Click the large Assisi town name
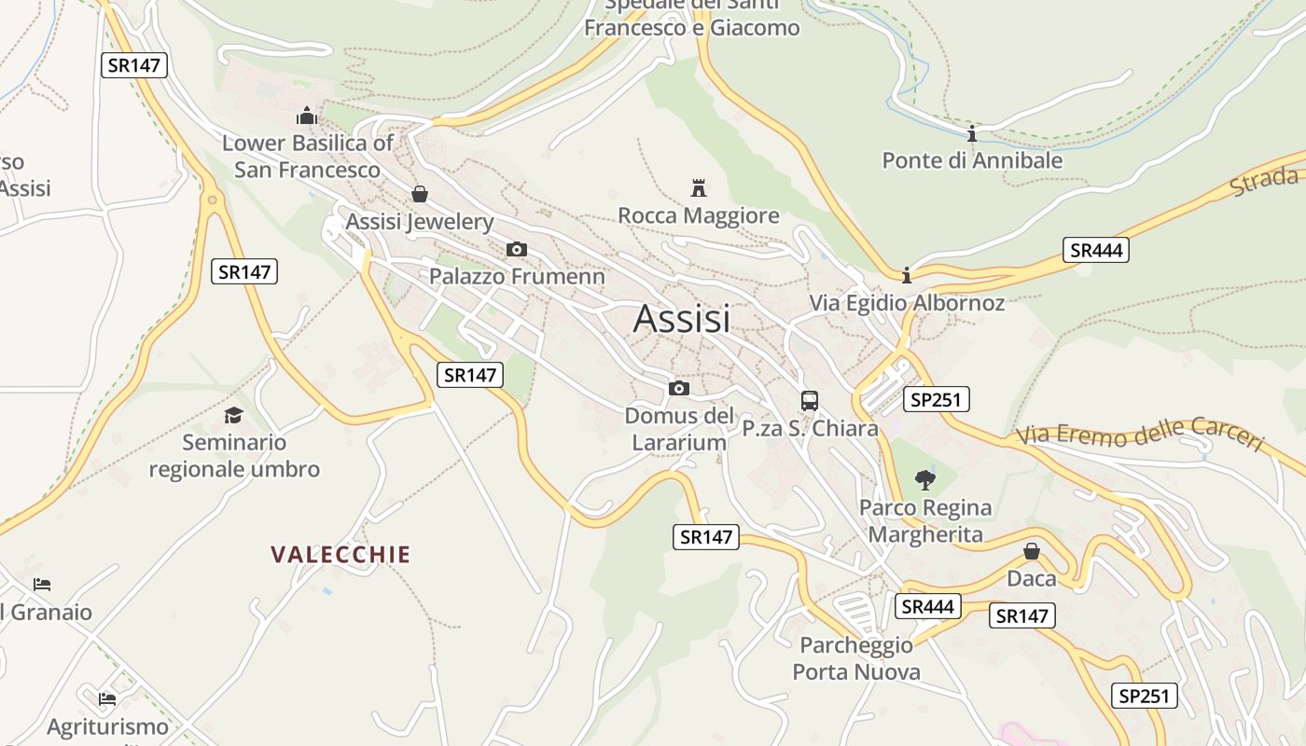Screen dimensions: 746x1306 pyautogui.click(x=682, y=319)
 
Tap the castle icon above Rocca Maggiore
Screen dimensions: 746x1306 pyautogui.click(x=698, y=188)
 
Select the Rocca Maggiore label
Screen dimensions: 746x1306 pyautogui.click(x=699, y=216)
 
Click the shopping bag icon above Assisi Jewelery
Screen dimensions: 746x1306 pyautogui.click(x=420, y=194)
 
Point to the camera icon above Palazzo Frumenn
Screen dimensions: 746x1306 pyautogui.click(x=516, y=249)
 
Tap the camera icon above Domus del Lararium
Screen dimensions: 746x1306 pyautogui.click(x=679, y=388)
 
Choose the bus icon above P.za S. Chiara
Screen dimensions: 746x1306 pyautogui.click(x=810, y=401)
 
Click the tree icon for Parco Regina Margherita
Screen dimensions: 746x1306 pyautogui.click(x=925, y=480)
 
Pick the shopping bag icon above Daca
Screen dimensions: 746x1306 pyautogui.click(x=1032, y=551)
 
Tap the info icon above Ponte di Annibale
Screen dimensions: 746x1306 pyautogui.click(x=972, y=133)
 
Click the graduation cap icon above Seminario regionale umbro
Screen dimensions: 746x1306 pyautogui.click(x=233, y=415)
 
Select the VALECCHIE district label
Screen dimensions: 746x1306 pyautogui.click(x=340, y=555)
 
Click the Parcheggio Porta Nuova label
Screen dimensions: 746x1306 pyautogui.click(x=856, y=658)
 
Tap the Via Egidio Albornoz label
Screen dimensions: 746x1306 pyautogui.click(x=907, y=303)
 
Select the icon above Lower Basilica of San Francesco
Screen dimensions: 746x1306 pyautogui.click(x=307, y=117)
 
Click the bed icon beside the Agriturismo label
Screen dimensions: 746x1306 pyautogui.click(x=108, y=698)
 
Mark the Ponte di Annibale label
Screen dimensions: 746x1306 pyautogui.click(x=972, y=160)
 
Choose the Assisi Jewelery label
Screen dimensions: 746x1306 pyautogui.click(x=420, y=222)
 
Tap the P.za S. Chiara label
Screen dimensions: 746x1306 pyautogui.click(x=810, y=429)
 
